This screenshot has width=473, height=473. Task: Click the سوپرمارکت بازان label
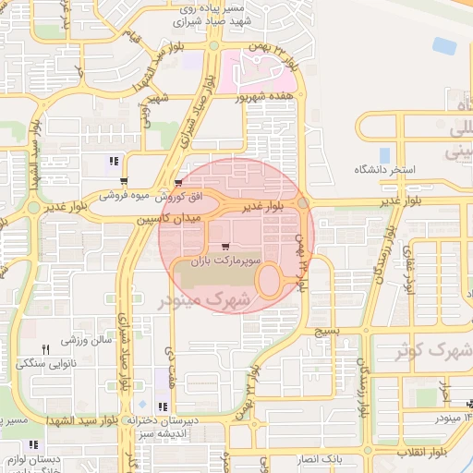point(226,262)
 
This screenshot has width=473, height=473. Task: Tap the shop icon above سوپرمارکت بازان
point(226,247)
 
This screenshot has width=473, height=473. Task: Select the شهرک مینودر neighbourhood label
point(205,299)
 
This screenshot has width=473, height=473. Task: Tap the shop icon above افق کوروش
point(177,183)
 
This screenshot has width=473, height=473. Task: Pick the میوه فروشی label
point(125,196)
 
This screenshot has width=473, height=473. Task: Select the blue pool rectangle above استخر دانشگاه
point(384,155)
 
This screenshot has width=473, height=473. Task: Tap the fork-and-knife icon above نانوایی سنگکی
point(45,349)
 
